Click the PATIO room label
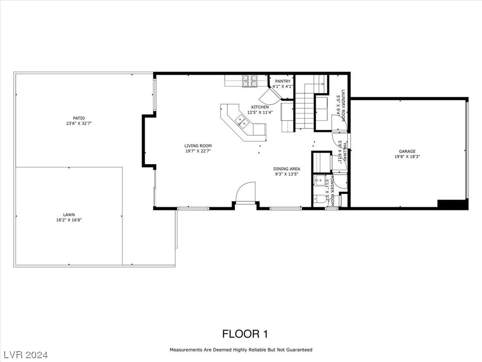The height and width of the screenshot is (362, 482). click(x=79, y=118)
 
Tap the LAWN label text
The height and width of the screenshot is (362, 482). click(x=69, y=214)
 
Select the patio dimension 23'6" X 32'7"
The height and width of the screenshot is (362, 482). click(x=79, y=124)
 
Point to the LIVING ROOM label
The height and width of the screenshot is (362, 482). click(x=198, y=146)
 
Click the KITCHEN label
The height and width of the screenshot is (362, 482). click(x=260, y=107)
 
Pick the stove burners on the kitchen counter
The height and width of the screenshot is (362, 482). click(x=250, y=81)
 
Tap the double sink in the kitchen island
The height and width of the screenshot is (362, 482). click(x=242, y=121)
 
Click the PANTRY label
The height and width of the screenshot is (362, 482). click(x=283, y=81)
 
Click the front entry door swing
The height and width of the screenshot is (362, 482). click(x=246, y=192)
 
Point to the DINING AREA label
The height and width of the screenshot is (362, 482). click(x=287, y=169)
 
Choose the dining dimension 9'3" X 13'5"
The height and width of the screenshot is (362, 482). click(x=287, y=174)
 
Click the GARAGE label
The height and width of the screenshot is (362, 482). click(x=408, y=151)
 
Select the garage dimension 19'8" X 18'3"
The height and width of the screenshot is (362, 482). click(x=408, y=157)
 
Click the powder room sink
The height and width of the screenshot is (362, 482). click(x=320, y=180)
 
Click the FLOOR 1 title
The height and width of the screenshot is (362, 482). click(x=245, y=334)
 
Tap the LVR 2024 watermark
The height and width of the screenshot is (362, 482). click(x=29, y=354)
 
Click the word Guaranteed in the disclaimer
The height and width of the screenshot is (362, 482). click(x=296, y=350)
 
